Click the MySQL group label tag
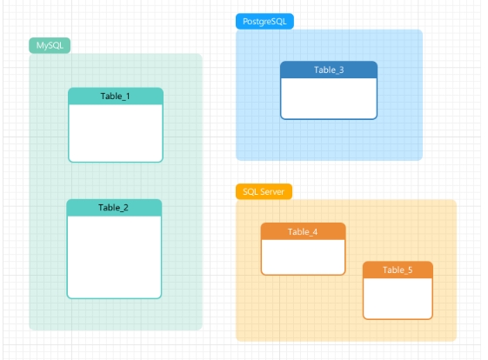point(49,45)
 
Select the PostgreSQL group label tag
point(264,21)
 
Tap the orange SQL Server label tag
point(264,191)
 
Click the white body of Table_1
point(116,132)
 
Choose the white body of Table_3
point(329,97)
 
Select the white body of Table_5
point(398,297)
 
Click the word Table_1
point(116,96)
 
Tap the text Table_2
point(114,208)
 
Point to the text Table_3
point(329,70)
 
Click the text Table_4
point(303,231)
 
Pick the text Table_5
point(398,270)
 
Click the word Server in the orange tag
point(273,191)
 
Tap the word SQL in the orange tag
point(250,191)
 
